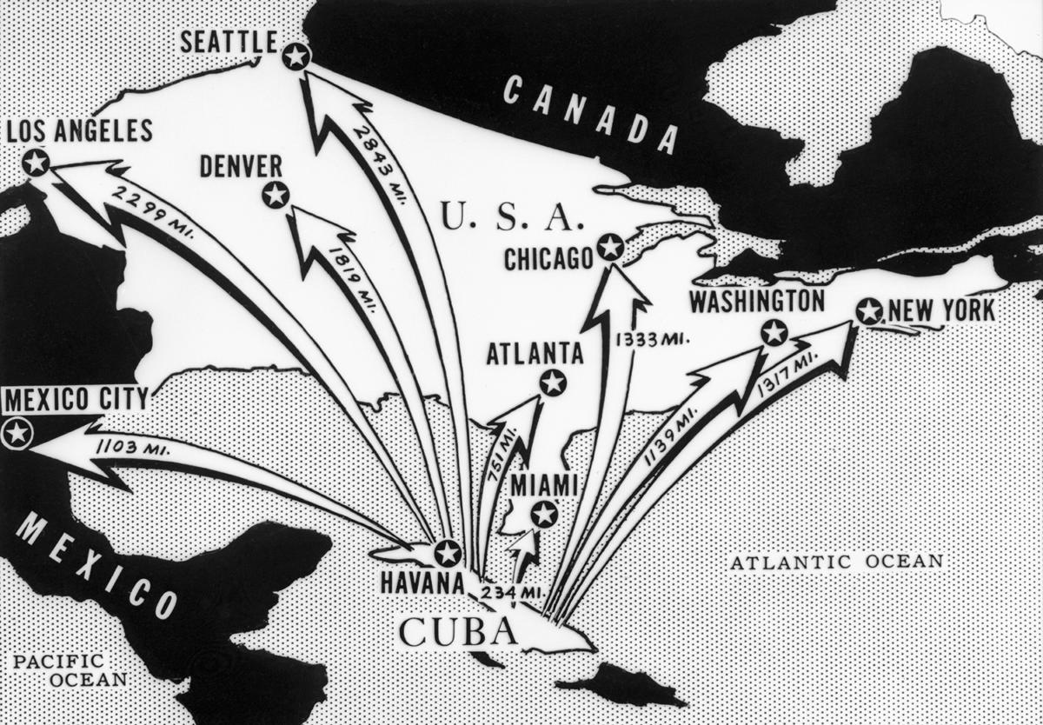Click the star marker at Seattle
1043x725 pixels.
296,57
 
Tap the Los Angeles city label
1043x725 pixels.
79,131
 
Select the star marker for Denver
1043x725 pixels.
276,195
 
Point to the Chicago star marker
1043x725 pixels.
611,248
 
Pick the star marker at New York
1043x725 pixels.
868,311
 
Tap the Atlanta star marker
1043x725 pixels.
552,382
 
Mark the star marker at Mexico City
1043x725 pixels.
17,432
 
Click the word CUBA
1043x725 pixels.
456,630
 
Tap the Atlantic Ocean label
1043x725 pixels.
836,562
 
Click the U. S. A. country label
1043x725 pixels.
507,217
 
